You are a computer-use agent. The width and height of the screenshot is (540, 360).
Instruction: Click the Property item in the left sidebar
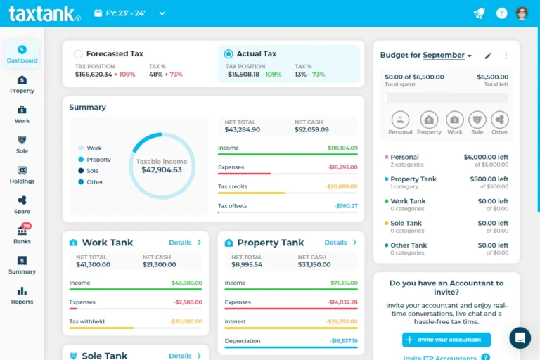pyautogui.click(x=22, y=84)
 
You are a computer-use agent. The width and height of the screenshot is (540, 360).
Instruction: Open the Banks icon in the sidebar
pyautogui.click(x=22, y=235)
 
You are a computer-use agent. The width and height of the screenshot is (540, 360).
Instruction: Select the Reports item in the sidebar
pyautogui.click(x=22, y=295)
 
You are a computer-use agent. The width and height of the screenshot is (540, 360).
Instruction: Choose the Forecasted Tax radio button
pyautogui.click(x=79, y=53)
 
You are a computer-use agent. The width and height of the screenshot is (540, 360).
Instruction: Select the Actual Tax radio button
pyautogui.click(x=229, y=53)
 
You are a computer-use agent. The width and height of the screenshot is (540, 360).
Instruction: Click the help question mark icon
pyautogui.click(x=501, y=13)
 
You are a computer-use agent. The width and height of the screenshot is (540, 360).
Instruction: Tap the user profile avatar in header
pyautogui.click(x=522, y=13)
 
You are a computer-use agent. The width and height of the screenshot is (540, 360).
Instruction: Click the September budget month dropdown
pyautogui.click(x=447, y=55)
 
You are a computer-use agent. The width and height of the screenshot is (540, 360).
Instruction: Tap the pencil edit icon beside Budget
pyautogui.click(x=489, y=56)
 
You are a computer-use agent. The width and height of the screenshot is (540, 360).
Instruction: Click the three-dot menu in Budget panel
pyautogui.click(x=506, y=56)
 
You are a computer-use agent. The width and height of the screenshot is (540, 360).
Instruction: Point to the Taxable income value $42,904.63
pyautogui.click(x=162, y=170)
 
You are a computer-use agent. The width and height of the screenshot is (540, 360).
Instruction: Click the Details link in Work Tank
pyautogui.click(x=185, y=243)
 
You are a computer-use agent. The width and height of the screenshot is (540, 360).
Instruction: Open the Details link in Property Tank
pyautogui.click(x=340, y=243)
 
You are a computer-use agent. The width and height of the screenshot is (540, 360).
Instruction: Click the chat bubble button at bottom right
pyautogui.click(x=520, y=337)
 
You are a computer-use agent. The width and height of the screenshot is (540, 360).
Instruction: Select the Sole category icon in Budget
pyautogui.click(x=477, y=120)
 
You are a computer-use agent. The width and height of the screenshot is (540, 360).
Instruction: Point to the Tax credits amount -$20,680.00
pyautogui.click(x=342, y=187)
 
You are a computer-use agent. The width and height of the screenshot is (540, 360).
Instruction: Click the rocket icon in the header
pyautogui.click(x=479, y=13)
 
